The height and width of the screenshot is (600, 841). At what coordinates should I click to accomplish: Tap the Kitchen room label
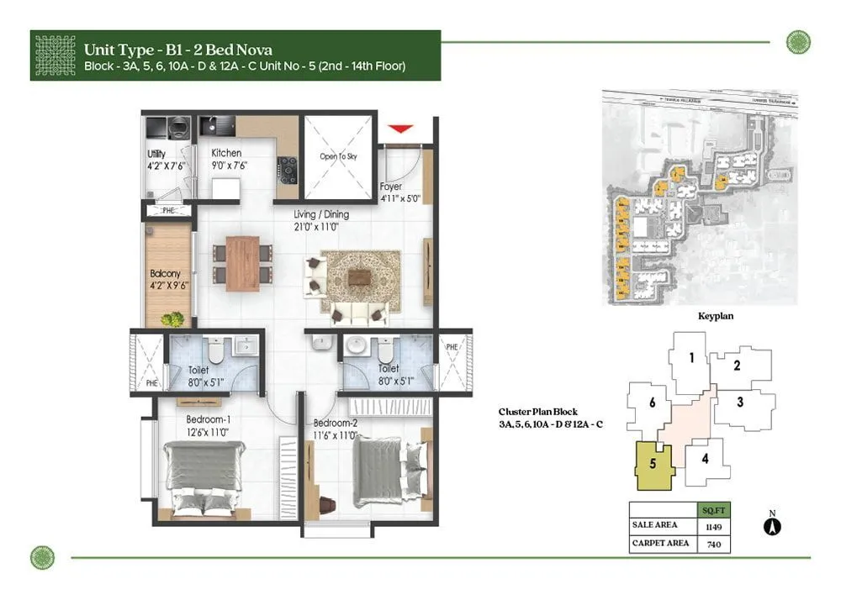[226, 153]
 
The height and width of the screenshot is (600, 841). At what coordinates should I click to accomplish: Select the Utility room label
[156, 154]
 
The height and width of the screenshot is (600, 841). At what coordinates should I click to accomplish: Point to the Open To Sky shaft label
[338, 156]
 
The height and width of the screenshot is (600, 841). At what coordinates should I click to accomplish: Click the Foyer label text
[391, 187]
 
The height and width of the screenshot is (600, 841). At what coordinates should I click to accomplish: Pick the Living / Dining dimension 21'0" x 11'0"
[321, 226]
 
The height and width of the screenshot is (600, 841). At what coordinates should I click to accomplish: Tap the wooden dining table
[243, 263]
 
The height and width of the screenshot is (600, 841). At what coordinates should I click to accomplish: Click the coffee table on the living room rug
[358, 276]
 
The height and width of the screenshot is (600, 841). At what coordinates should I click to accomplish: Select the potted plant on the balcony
[174, 319]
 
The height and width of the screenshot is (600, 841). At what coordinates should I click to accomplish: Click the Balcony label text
[165, 274]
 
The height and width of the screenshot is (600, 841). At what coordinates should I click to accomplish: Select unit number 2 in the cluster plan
[736, 366]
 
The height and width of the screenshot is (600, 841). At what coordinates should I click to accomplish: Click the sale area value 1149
[712, 527]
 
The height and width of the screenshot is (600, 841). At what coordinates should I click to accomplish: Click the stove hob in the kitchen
[288, 170]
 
